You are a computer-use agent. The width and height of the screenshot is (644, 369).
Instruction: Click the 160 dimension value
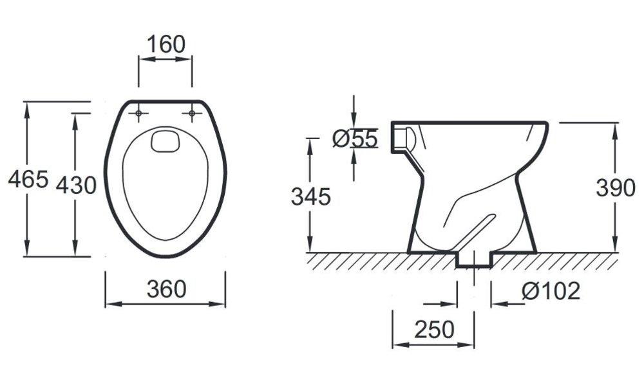(x=166, y=44)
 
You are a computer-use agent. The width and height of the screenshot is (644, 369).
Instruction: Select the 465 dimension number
(x=28, y=179)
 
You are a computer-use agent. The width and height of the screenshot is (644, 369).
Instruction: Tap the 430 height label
(x=77, y=185)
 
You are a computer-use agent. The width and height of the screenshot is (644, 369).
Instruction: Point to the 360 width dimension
(x=166, y=289)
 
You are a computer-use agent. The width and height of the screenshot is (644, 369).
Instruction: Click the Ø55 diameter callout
(x=354, y=138)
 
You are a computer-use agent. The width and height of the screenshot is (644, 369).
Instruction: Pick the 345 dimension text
(x=311, y=196)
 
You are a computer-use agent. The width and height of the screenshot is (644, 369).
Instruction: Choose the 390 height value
(x=616, y=188)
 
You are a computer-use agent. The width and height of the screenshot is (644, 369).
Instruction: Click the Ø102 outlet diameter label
(x=551, y=291)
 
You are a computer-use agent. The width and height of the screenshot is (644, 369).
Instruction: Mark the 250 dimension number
(x=435, y=330)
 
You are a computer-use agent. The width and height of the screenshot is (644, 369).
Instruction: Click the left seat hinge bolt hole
(x=138, y=113)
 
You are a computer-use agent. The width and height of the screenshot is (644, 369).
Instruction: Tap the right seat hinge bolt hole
(x=192, y=113)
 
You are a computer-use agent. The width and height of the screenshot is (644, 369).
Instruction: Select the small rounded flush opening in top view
(x=165, y=140)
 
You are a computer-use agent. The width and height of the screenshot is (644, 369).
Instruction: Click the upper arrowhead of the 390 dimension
(x=615, y=131)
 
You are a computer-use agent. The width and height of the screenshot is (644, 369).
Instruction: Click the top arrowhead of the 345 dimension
(x=310, y=147)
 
